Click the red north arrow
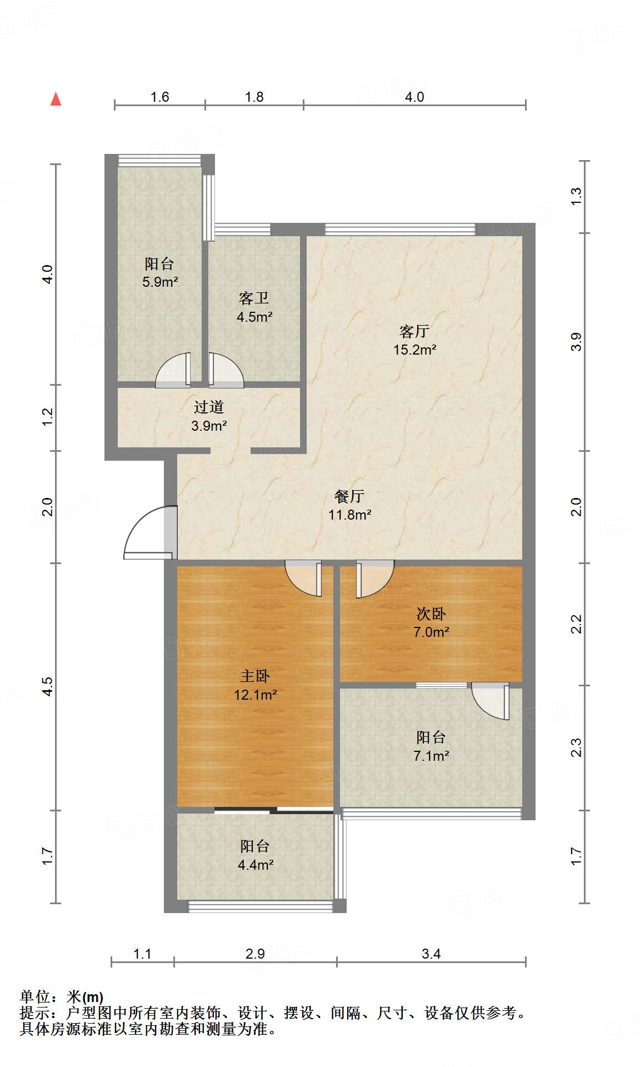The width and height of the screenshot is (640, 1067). (x=56, y=99)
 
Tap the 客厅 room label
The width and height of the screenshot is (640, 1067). (x=414, y=331)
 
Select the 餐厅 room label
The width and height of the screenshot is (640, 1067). (x=349, y=496)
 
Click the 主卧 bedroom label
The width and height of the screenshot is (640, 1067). (x=255, y=676)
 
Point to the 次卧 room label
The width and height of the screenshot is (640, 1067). (x=431, y=614)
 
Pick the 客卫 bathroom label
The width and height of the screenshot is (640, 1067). (x=254, y=298)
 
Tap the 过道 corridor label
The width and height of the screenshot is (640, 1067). (x=209, y=407)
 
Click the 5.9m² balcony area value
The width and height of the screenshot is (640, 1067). (x=160, y=282)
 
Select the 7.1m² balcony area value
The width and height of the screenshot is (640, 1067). (x=431, y=756)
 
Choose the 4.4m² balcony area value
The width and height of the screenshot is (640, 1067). (x=255, y=865)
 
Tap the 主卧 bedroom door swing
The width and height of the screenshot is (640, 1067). (x=303, y=579)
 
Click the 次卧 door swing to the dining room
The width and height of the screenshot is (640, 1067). (x=375, y=579)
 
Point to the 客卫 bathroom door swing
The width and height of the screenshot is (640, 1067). (x=226, y=370)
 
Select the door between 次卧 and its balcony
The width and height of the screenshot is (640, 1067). (x=491, y=701)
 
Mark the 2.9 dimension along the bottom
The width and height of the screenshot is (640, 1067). (x=255, y=954)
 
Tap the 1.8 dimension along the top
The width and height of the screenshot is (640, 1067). (x=254, y=97)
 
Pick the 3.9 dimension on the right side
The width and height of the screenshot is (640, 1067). (x=576, y=341)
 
